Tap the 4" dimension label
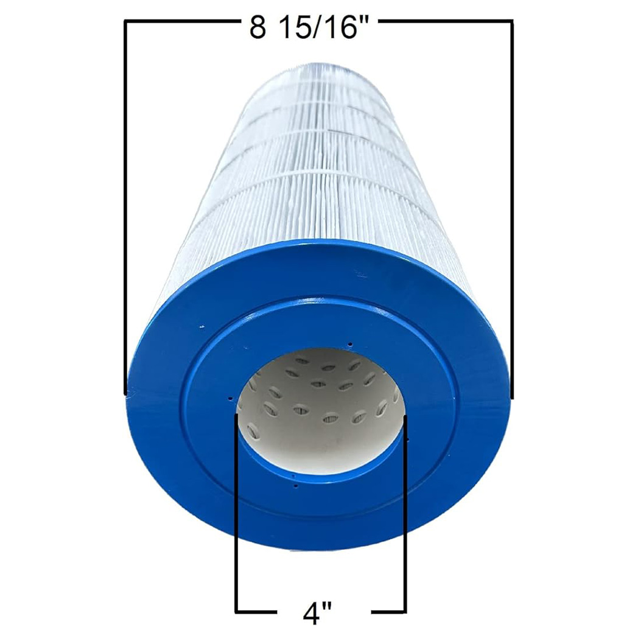[x=318, y=614]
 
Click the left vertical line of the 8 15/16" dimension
[x=125, y=207]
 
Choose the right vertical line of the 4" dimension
[x=405, y=514]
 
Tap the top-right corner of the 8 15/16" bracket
[x=512, y=21]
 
